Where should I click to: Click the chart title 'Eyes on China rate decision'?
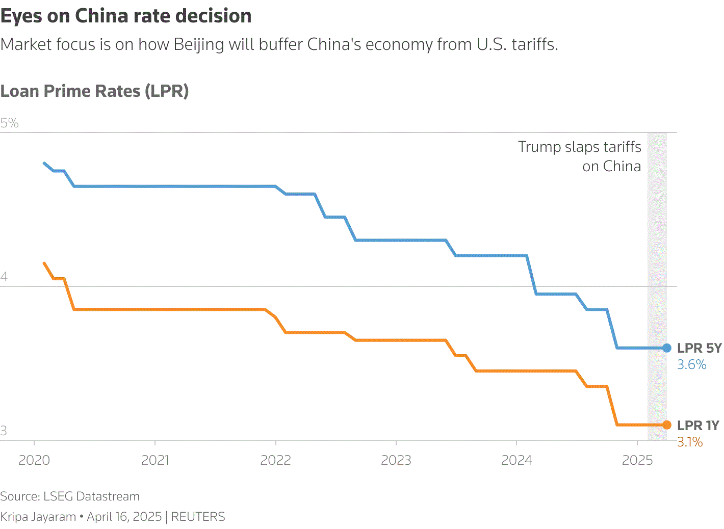[x=126, y=16]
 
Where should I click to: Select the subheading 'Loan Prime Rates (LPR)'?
[x=95, y=91]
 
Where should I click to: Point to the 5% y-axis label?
[x=10, y=123]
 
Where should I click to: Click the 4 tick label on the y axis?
[x=5, y=277]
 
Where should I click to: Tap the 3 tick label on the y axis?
[x=4, y=431]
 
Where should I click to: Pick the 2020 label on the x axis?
[x=34, y=460]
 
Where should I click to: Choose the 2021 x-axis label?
[x=155, y=460]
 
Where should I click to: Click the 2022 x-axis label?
[x=275, y=460]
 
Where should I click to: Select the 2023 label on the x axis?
[x=396, y=460]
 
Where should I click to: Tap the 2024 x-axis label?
[x=516, y=460]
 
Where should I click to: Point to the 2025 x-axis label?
[x=637, y=460]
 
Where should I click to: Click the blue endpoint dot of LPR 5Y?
[x=667, y=348]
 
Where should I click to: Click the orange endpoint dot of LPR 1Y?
[x=667, y=425]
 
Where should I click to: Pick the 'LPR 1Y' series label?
[x=698, y=425]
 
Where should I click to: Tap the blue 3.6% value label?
[x=692, y=365]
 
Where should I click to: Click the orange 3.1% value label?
[x=690, y=442]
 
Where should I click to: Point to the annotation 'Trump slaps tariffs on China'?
[x=580, y=156]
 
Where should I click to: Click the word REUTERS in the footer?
[x=198, y=517]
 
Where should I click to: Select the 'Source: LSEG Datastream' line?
[x=70, y=496]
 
